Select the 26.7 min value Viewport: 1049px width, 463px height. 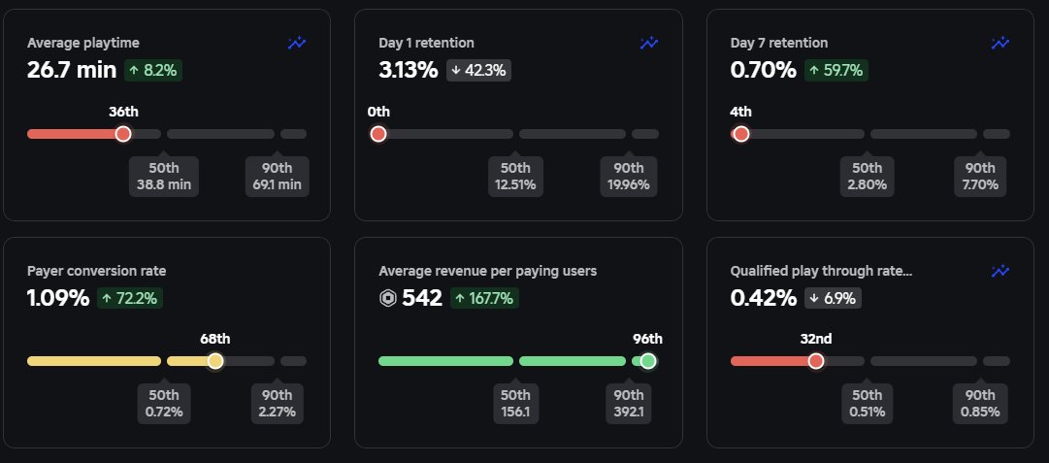point(72,70)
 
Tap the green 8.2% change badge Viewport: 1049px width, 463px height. point(152,70)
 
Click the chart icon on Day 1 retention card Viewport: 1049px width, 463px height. point(649,43)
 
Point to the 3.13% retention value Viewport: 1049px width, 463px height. point(409,70)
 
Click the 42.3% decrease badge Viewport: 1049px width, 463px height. point(478,70)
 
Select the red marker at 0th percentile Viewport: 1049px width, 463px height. point(378,134)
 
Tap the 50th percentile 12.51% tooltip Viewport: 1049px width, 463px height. point(515,176)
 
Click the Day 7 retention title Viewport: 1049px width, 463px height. point(778,43)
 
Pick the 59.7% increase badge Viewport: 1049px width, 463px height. point(834,70)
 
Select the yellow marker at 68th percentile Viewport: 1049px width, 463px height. point(215,361)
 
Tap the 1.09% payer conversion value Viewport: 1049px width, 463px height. point(57,298)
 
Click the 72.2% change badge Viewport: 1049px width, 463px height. point(129,298)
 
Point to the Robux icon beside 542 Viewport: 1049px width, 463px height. point(387,298)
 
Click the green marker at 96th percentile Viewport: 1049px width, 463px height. point(648,361)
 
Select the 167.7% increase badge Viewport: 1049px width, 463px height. point(486,298)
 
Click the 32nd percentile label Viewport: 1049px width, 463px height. point(815,339)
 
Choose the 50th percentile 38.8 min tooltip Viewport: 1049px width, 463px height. point(164,176)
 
